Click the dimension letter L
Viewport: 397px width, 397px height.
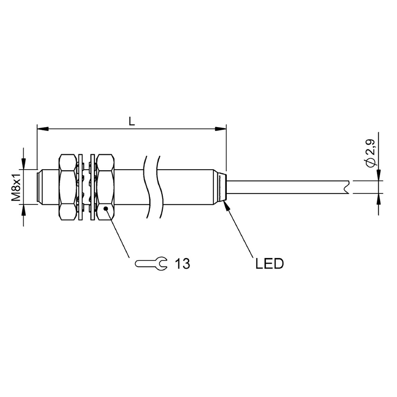[x=132, y=122]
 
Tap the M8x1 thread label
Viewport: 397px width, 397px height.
[x=16, y=186]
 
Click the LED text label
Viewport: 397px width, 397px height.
[x=269, y=264]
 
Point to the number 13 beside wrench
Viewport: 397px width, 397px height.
[x=182, y=264]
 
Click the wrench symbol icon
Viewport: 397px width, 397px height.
[x=151, y=264]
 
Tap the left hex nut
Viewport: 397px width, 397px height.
[x=67, y=187]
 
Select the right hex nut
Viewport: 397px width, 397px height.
[x=106, y=187]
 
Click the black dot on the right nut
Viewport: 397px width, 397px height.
[x=106, y=208]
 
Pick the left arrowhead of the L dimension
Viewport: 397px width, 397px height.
[x=43, y=129]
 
